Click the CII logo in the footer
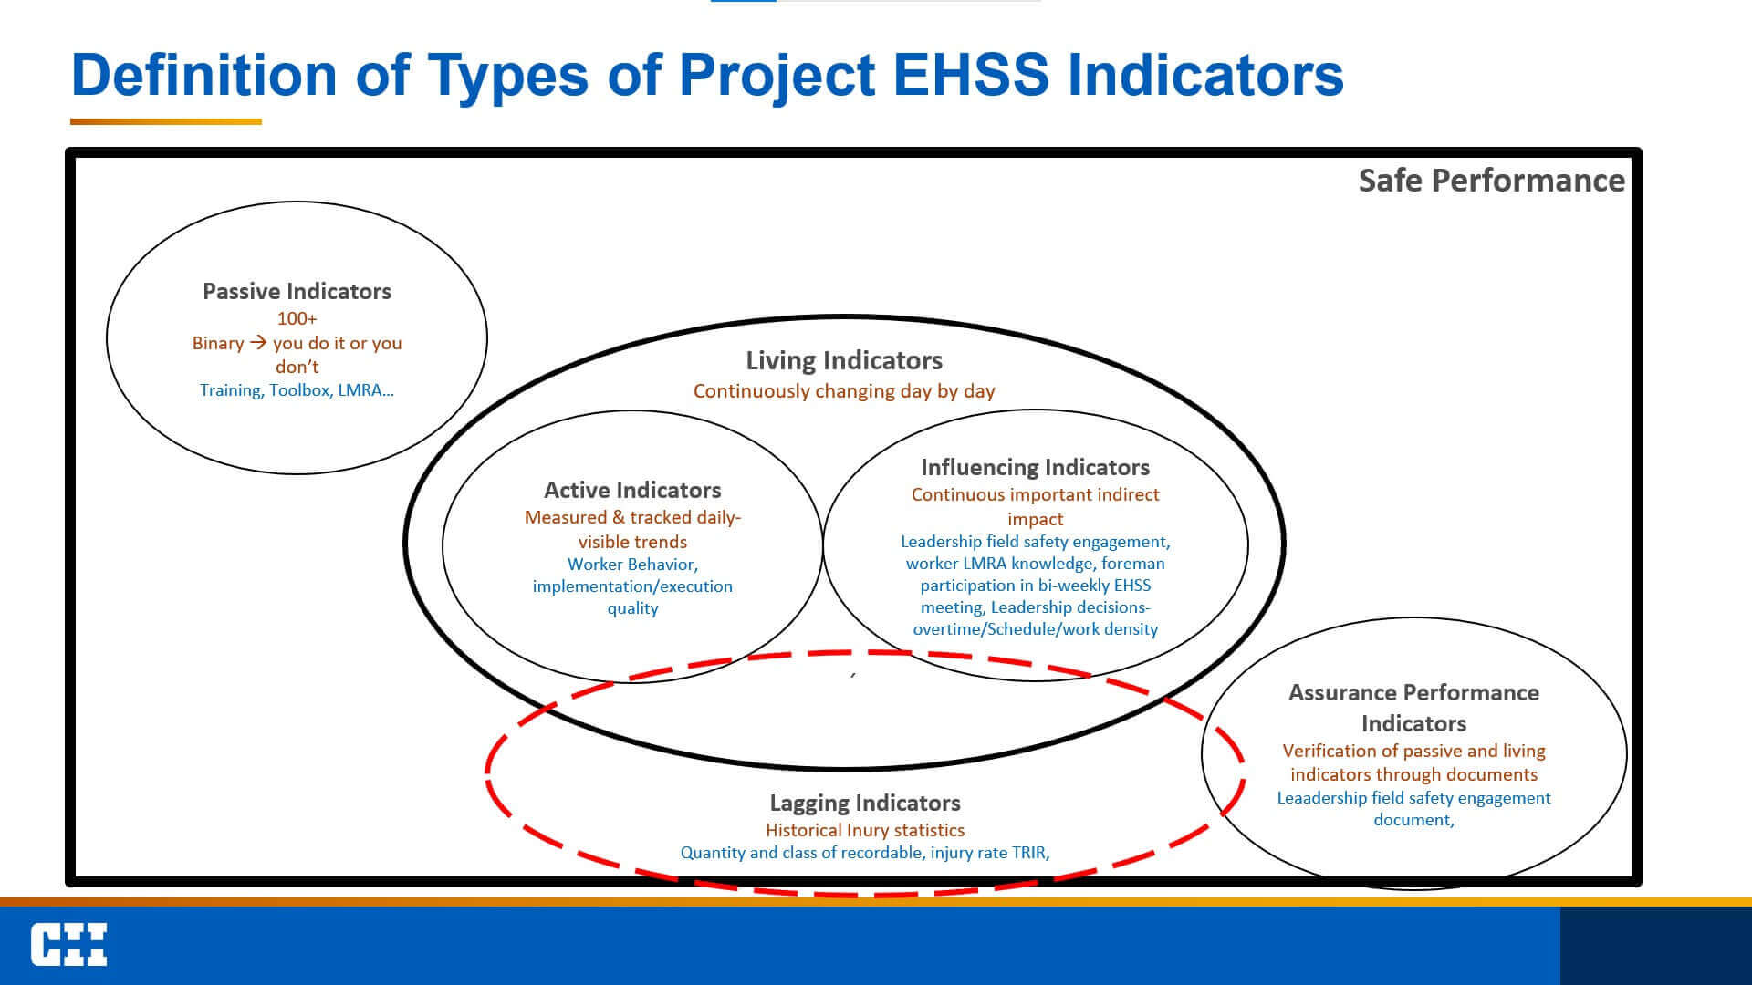pyautogui.click(x=69, y=944)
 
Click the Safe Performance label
pyautogui.click(x=1491, y=181)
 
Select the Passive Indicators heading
pyautogui.click(x=297, y=292)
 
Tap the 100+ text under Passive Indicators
pyautogui.click(x=297, y=318)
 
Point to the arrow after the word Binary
pyautogui.click(x=258, y=343)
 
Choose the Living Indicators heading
pyautogui.click(x=844, y=360)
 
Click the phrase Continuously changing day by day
pyautogui.click(x=844, y=391)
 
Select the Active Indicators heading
pyautogui.click(x=632, y=490)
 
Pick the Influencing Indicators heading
pyautogui.click(x=1035, y=467)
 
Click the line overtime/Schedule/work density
pyautogui.click(x=1035, y=629)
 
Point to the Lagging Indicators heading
pyautogui.click(x=865, y=803)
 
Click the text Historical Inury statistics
pyautogui.click(x=865, y=830)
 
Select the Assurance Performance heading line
pyautogui.click(x=1413, y=692)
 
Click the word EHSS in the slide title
pyautogui.click(x=971, y=74)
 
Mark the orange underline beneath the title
pyautogui.click(x=166, y=121)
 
